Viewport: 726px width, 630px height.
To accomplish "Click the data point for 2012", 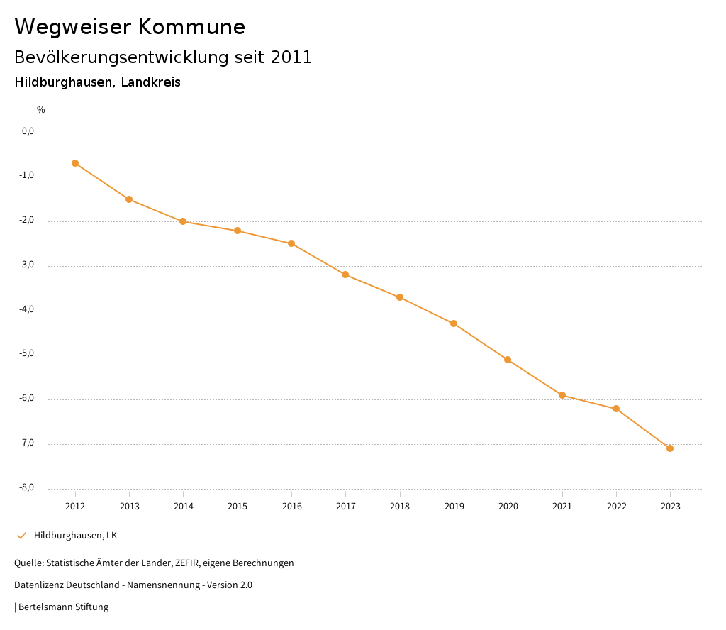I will click(x=75, y=163).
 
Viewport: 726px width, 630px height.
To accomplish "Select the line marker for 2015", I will click(x=238, y=231).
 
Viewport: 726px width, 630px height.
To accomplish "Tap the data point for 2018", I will click(x=400, y=297).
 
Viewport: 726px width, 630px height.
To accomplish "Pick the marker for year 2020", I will click(x=508, y=360).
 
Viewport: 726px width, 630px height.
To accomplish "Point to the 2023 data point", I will click(x=670, y=448).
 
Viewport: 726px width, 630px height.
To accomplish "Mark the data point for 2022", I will click(x=616, y=409).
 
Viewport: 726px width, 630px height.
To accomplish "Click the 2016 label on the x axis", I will click(x=291, y=507).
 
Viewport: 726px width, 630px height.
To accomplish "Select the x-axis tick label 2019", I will click(x=454, y=507).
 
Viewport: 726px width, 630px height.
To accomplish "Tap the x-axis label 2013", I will click(x=129, y=507).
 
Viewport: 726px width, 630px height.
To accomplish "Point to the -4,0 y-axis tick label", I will click(x=28, y=310).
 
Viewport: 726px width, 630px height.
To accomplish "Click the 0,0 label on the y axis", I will click(x=28, y=131).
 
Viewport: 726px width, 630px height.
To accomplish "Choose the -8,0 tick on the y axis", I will click(x=28, y=488).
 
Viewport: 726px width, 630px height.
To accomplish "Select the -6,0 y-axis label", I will click(x=28, y=399).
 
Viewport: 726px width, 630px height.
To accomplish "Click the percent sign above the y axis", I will click(x=41, y=110).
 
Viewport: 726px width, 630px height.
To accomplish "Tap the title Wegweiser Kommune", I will click(x=130, y=27).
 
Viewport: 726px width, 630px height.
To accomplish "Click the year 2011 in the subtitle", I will click(x=291, y=57).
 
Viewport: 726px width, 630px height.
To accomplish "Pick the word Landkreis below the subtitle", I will click(x=150, y=82).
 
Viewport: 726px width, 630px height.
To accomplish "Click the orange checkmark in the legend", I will click(x=21, y=535).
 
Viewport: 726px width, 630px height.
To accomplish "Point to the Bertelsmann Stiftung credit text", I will click(x=63, y=607).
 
